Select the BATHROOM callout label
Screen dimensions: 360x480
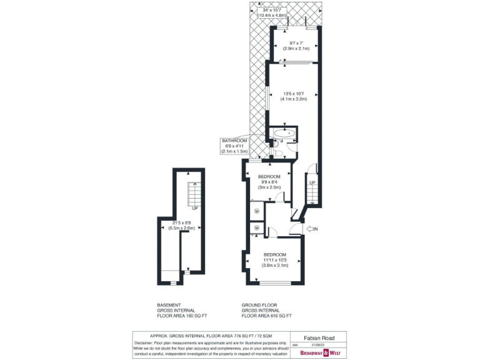(235, 146)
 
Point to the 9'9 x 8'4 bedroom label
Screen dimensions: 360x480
(269, 182)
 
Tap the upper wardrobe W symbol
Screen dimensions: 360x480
(257, 211)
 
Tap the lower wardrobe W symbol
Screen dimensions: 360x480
(257, 228)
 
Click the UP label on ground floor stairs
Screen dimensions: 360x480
(312, 182)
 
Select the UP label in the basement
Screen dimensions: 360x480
(195, 207)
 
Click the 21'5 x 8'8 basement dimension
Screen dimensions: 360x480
(182, 225)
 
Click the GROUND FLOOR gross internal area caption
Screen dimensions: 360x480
(267, 311)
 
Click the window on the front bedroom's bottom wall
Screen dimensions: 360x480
(275, 283)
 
